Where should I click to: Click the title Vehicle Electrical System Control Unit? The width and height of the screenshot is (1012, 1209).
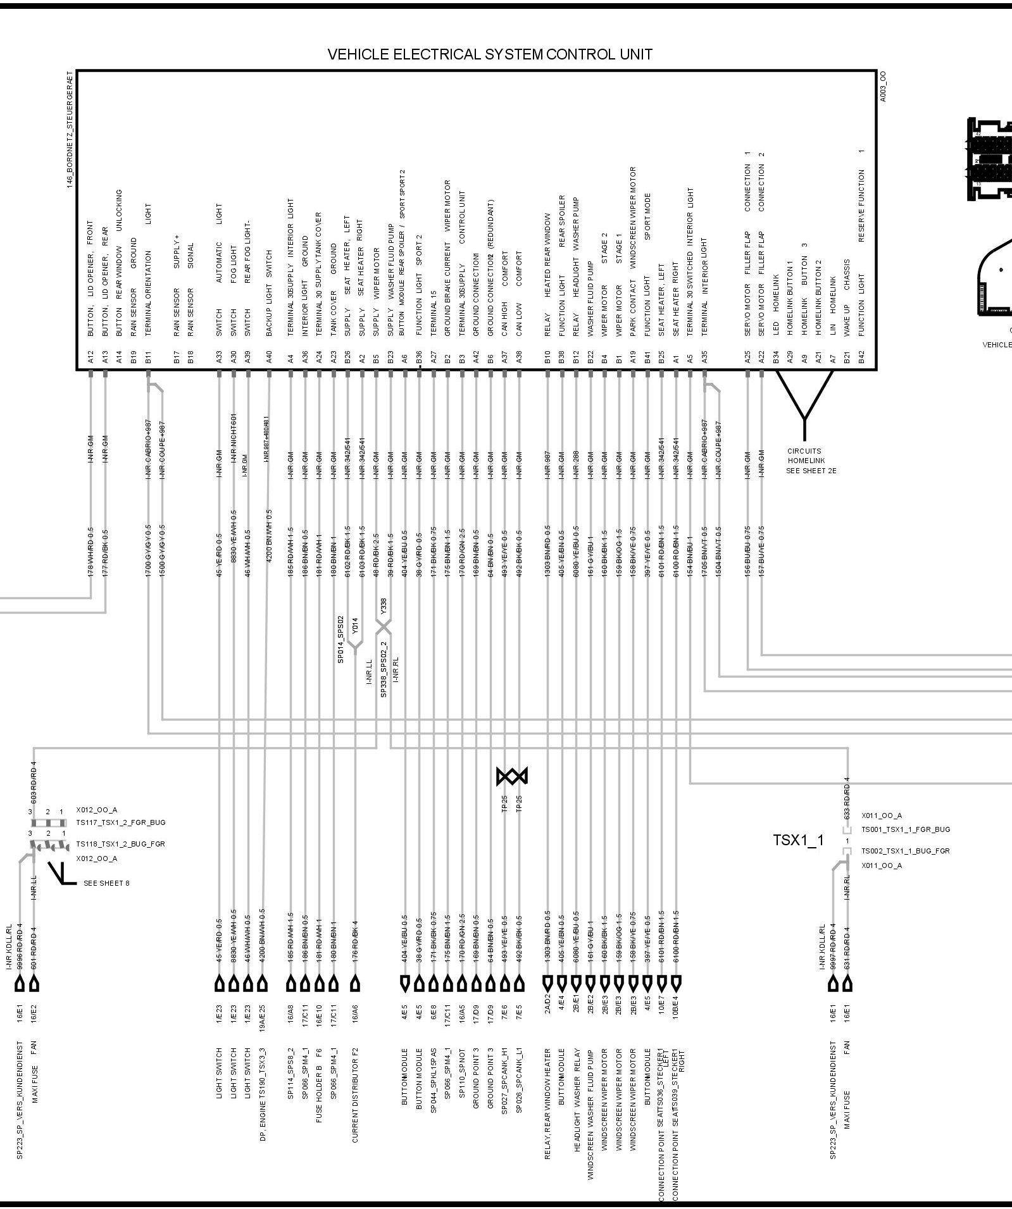click(489, 54)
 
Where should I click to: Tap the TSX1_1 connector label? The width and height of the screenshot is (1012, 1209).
click(798, 840)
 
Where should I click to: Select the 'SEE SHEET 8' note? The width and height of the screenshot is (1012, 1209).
click(106, 883)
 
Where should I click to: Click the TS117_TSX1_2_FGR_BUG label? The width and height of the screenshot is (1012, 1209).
click(121, 822)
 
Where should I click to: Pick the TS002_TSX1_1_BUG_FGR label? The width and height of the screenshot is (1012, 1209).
click(905, 851)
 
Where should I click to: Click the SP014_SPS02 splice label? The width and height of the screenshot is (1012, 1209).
click(340, 639)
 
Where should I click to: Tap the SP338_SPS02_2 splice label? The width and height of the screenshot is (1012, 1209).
click(384, 669)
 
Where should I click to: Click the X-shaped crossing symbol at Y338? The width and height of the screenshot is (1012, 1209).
click(384, 626)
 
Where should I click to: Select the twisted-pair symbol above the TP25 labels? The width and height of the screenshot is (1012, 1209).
click(512, 776)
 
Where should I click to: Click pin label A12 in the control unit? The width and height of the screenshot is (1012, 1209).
click(91, 358)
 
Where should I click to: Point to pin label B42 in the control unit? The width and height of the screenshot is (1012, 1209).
click(861, 358)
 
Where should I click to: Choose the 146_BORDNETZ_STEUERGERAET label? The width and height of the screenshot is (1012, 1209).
click(70, 130)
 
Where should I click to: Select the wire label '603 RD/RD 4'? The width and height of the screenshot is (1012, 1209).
click(34, 782)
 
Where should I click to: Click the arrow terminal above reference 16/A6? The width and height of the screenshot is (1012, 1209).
click(356, 984)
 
